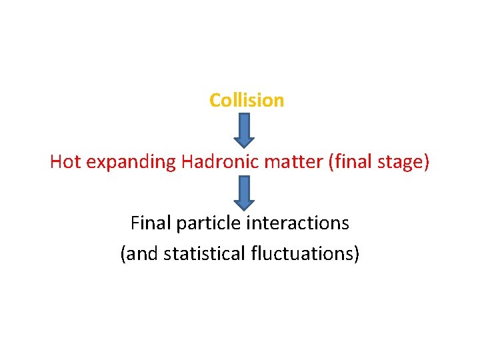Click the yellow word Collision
click(x=247, y=100)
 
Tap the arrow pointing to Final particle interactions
click(x=245, y=193)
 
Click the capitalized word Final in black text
click(x=151, y=223)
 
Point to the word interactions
click(x=297, y=223)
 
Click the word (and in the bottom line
click(x=136, y=254)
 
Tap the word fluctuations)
click(x=306, y=254)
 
